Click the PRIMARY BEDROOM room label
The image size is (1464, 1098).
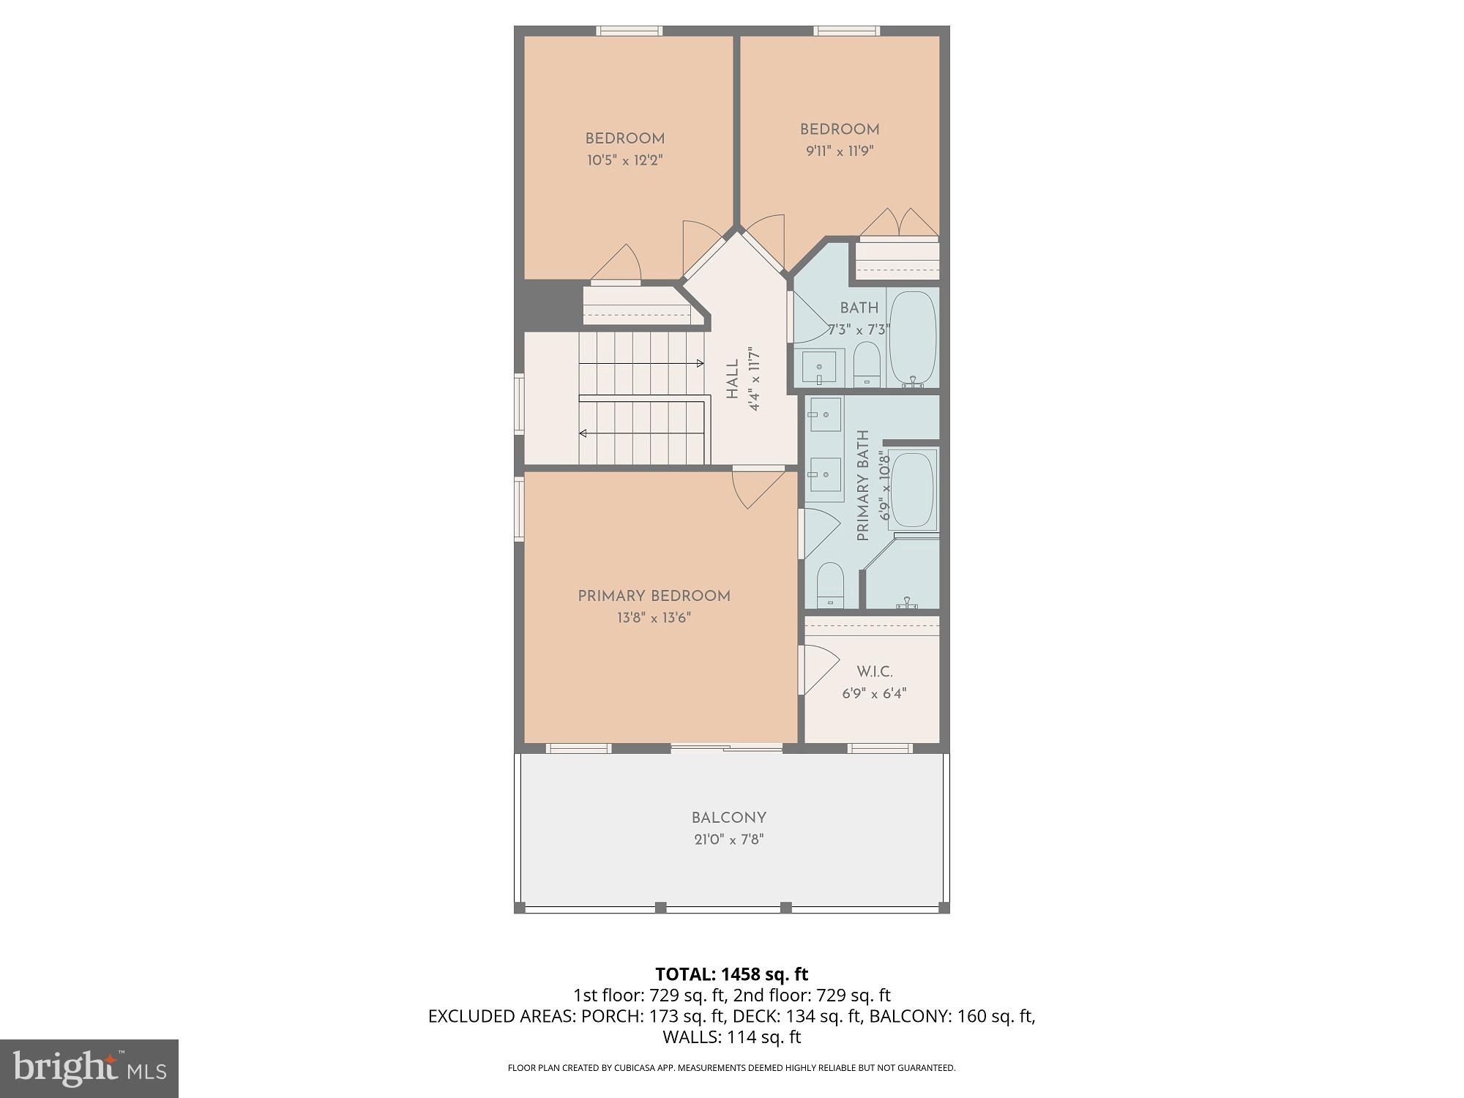click(x=654, y=596)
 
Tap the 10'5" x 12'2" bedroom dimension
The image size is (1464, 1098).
click(x=624, y=160)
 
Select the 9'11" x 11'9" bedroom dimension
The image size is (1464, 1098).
click(x=840, y=151)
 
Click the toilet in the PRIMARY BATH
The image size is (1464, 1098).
click(x=830, y=583)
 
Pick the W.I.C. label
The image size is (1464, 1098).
click(x=874, y=671)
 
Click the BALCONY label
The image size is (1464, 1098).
click(x=729, y=818)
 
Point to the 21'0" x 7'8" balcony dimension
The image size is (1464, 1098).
click(x=729, y=840)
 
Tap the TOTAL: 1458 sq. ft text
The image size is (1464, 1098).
click(x=731, y=974)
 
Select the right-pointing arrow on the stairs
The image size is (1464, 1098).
click(x=700, y=363)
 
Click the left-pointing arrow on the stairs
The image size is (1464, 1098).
click(x=583, y=433)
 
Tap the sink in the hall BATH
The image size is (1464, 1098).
click(x=819, y=366)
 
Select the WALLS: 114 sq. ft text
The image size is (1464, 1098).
click(x=731, y=1037)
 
